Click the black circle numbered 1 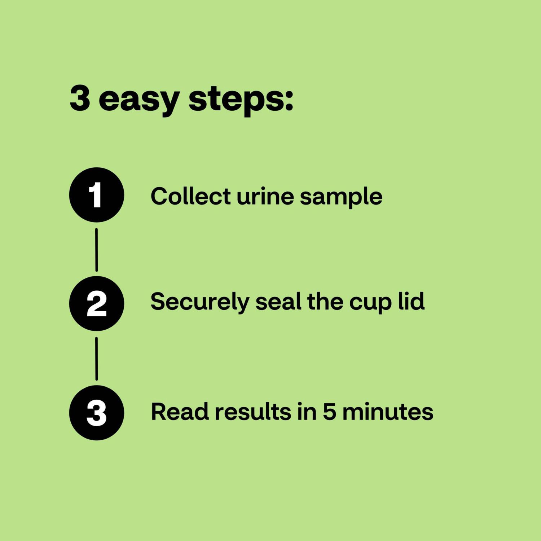pyautogui.click(x=96, y=195)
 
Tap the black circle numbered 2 pyautogui.click(x=96, y=303)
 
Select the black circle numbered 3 pyautogui.click(x=96, y=412)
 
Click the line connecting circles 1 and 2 pyautogui.click(x=96, y=250)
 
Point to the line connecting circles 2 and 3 pyautogui.click(x=96, y=359)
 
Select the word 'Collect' pyautogui.click(x=190, y=196)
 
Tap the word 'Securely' pyautogui.click(x=199, y=302)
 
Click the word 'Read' pyautogui.click(x=180, y=412)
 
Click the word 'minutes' pyautogui.click(x=388, y=412)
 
